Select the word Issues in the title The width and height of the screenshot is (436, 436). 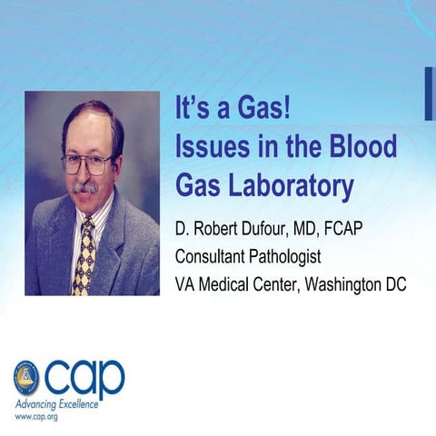[x=211, y=149]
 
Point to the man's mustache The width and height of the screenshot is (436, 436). [x=85, y=188]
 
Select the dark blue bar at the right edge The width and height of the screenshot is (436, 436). [x=429, y=93]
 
